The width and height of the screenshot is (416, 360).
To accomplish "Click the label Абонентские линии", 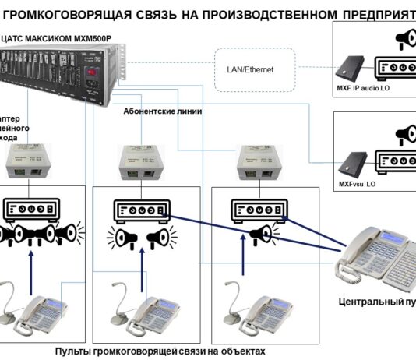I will (x=163, y=111).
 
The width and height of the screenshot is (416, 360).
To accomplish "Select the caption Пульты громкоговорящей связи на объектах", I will (x=160, y=351).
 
